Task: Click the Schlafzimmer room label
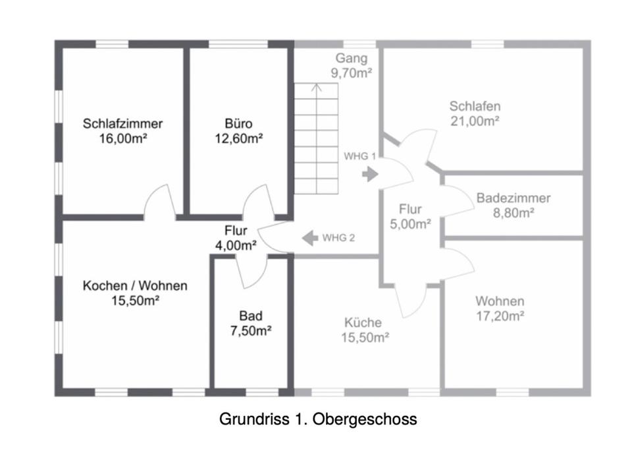point(122,123)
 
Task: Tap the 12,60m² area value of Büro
point(238,139)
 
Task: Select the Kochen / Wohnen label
point(135,285)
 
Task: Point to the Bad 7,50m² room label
point(251,323)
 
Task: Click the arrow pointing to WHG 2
point(310,238)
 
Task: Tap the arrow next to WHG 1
point(370,175)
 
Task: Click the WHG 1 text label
point(359,156)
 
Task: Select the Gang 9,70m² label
point(351,65)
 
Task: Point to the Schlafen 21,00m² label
point(475,113)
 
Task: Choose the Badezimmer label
point(513,198)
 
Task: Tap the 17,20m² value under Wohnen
point(500,316)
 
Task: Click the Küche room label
point(363,322)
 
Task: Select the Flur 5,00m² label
point(410,216)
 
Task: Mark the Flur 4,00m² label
point(236,238)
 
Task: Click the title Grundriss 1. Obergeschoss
point(318,419)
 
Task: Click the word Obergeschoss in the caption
point(365,419)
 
